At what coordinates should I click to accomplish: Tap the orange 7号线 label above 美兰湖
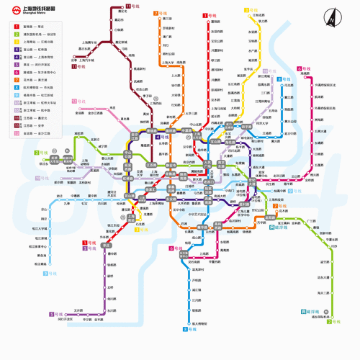(x=159, y=13)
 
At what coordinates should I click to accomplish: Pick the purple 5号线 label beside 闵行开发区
(x=56, y=314)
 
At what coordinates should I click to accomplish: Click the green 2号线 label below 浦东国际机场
(x=333, y=321)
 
